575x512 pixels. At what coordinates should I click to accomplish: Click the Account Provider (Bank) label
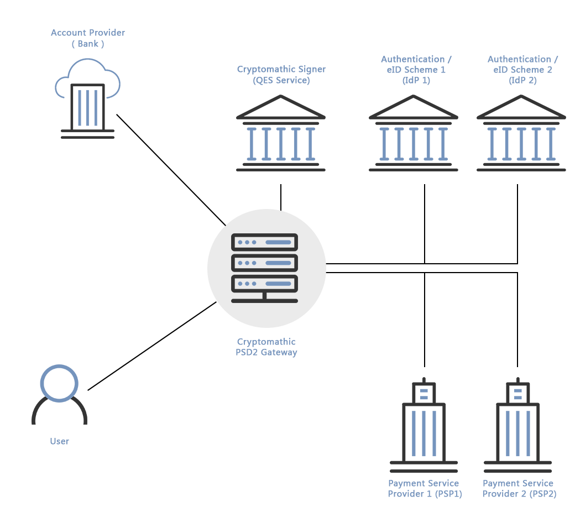88,38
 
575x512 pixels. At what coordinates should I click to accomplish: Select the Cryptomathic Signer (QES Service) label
281,75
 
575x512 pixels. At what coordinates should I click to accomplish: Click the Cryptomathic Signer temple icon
281,133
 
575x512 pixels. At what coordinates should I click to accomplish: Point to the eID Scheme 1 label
413,69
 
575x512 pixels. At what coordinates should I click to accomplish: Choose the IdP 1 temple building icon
413,133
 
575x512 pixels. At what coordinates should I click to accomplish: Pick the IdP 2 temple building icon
521,133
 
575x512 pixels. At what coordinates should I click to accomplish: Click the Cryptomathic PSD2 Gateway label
266,347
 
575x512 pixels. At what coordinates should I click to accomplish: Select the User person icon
59,394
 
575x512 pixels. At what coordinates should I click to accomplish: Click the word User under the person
59,441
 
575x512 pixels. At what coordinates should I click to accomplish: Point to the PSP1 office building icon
424,422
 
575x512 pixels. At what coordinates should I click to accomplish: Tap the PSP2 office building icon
517,422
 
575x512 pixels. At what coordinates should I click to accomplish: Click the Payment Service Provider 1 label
424,488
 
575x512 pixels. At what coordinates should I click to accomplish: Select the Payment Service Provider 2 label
519,488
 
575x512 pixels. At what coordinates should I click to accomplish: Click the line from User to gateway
152,346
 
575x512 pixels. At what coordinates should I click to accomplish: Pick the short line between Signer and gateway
281,197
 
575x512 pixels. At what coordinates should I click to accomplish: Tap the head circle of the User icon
59,383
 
